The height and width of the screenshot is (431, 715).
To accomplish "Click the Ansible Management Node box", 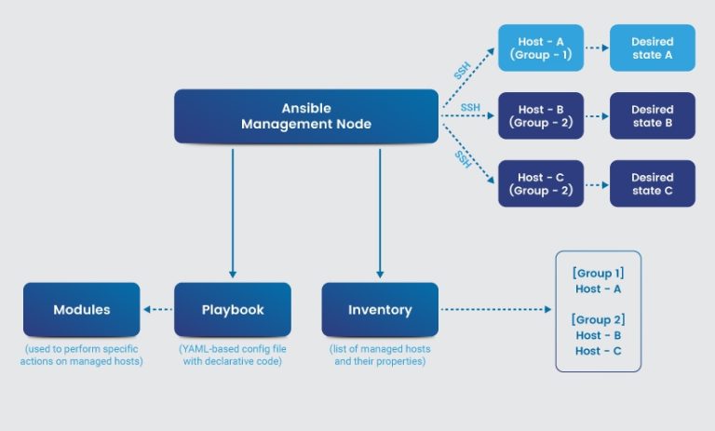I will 305,115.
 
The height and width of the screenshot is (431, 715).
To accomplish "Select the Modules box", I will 81,309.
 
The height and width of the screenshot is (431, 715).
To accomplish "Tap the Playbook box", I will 232,309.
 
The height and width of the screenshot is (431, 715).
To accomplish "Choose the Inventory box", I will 380,309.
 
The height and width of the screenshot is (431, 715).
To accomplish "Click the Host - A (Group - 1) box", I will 541,47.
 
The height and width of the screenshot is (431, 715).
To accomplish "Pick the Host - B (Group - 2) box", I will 541,115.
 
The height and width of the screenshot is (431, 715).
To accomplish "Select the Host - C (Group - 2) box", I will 541,183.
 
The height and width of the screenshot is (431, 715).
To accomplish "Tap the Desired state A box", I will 652,47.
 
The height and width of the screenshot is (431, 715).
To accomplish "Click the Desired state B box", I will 652,115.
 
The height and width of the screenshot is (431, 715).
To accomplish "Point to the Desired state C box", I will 652,183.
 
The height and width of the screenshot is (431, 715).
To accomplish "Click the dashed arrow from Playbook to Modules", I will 157,310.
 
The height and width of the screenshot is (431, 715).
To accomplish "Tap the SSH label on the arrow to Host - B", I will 470,108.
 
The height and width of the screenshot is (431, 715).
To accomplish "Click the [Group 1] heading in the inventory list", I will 598,273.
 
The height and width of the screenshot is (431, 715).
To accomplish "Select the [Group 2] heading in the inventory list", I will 598,319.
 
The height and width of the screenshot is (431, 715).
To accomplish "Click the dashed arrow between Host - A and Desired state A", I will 597,48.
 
